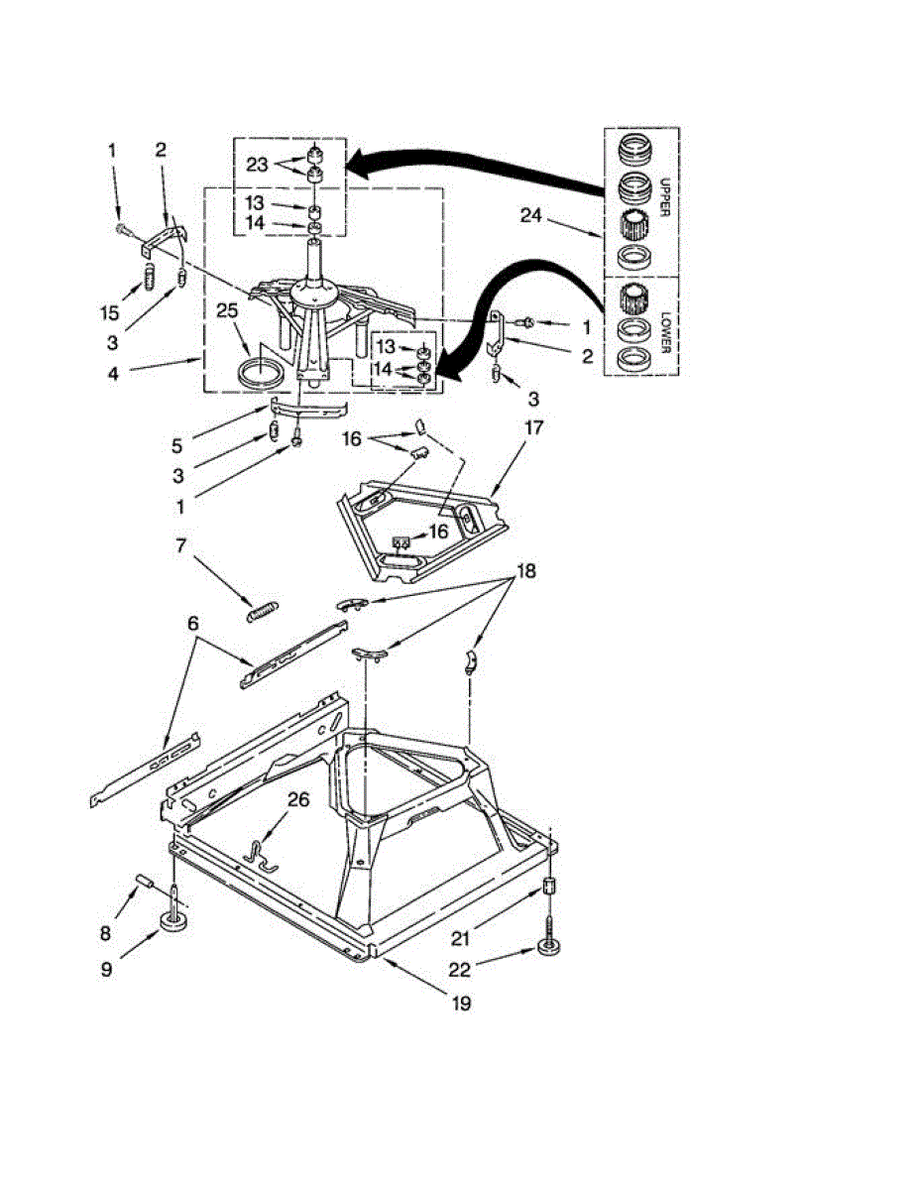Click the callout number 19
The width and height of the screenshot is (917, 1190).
coord(461,1004)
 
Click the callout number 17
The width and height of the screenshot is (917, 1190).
coord(533,429)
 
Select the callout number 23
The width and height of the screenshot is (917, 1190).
coord(258,166)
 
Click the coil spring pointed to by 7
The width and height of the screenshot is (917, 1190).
coord(264,611)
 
